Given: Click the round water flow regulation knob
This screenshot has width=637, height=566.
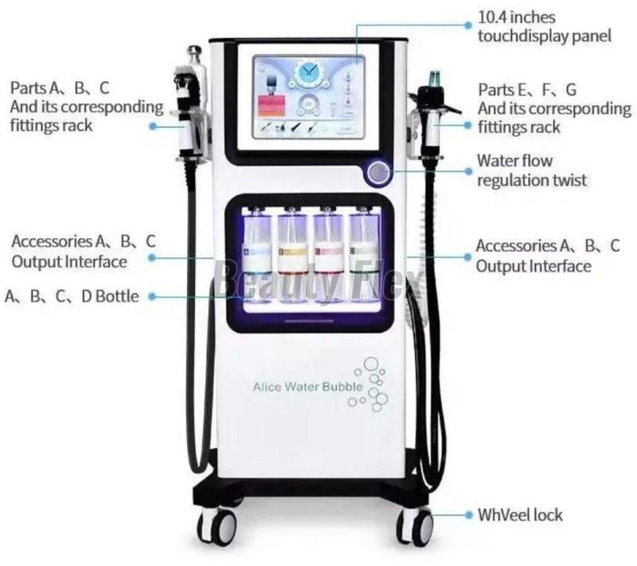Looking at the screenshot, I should tap(378, 172).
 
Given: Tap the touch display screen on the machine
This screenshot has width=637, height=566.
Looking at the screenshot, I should tap(309, 96).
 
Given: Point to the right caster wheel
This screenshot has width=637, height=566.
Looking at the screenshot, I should tap(415, 525).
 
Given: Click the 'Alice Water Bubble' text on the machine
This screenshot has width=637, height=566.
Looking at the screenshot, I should tap(307, 388).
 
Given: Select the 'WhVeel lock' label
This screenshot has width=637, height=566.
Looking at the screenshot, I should tap(520, 515).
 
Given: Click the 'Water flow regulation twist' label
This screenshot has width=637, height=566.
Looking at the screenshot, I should tap(531, 170).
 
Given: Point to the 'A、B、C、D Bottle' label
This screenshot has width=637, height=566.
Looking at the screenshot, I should tap(72, 297).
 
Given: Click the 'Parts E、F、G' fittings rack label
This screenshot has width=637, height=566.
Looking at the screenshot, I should tap(553, 107).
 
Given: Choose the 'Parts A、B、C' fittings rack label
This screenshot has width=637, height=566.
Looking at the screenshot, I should tap(86, 105).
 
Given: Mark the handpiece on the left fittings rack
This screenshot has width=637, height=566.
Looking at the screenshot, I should tap(190, 103).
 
